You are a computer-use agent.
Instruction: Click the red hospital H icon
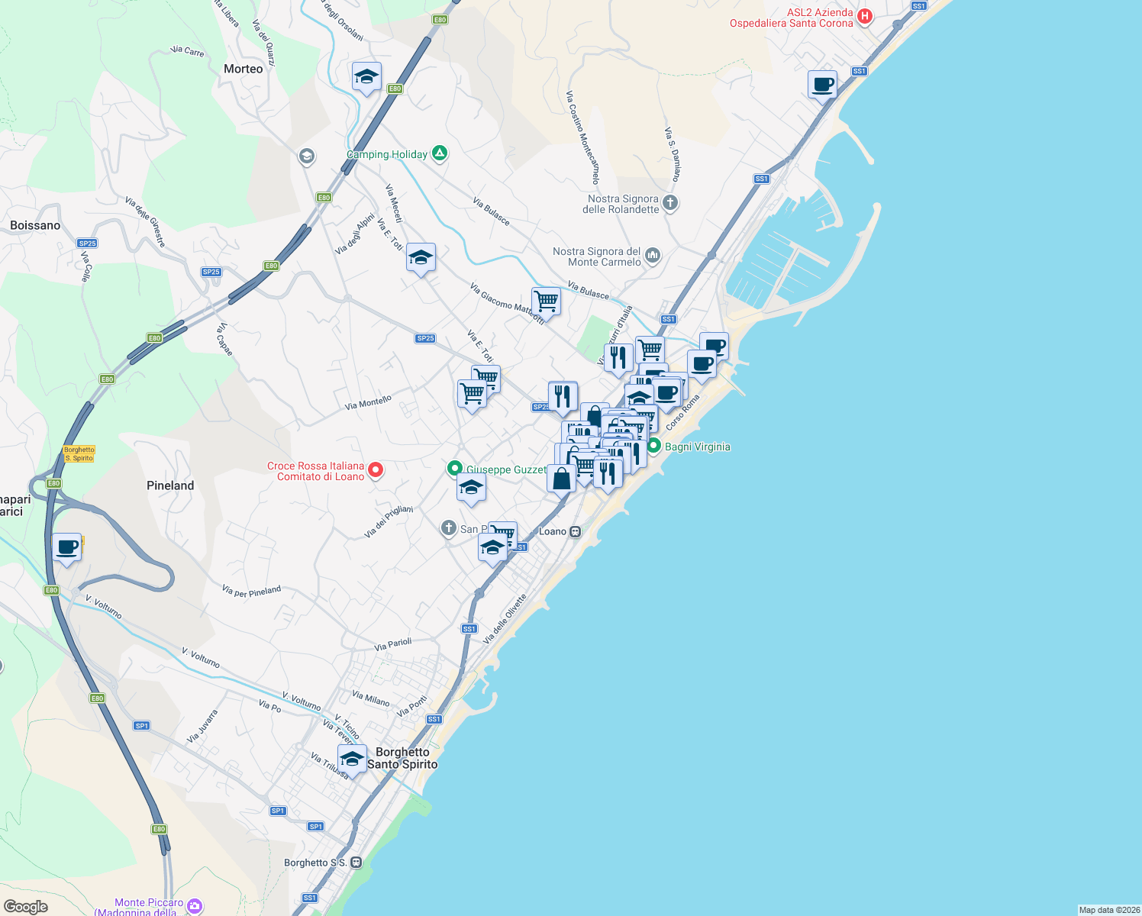coord(865,16)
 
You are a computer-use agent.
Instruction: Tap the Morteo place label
coord(244,69)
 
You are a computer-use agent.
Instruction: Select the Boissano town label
coord(35,225)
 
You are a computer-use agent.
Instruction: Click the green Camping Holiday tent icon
coord(439,153)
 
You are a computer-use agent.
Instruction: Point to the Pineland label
coord(170,485)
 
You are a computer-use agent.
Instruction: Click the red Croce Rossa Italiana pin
coord(376,469)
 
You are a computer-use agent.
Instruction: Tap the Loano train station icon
coord(576,531)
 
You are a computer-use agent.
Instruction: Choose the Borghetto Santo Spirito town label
coord(402,758)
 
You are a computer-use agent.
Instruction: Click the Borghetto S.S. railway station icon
coord(356,863)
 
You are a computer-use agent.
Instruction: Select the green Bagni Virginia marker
coord(653,446)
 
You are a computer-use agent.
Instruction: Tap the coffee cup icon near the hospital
coord(822,84)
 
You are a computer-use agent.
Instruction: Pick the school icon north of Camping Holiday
coord(366,76)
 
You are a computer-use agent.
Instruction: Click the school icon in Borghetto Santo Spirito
coord(352,759)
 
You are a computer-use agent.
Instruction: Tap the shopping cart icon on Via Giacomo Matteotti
coord(546,301)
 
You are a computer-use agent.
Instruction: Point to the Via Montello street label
coord(368,402)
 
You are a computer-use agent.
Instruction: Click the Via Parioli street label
coord(393,645)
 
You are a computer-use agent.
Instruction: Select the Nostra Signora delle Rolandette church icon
coord(670,202)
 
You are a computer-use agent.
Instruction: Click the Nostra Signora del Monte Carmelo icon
coord(653,255)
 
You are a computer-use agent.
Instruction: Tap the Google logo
coord(26,907)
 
